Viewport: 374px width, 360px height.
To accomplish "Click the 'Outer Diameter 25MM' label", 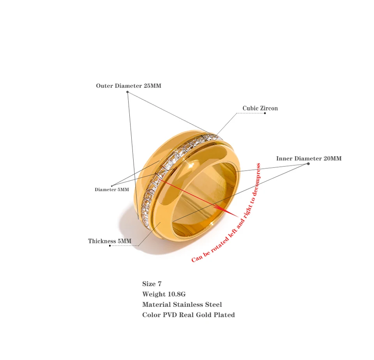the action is [x=129, y=86].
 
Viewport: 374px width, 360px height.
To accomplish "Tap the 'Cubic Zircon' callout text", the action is [x=260, y=108].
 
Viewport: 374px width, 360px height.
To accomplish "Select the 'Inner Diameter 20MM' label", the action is [x=309, y=159].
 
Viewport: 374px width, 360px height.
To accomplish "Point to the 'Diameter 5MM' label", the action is [x=112, y=189].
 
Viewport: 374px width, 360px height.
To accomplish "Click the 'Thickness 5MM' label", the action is [x=110, y=241].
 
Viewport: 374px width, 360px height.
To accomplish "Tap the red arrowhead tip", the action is [x=238, y=217].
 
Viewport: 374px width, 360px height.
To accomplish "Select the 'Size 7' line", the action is [x=152, y=284].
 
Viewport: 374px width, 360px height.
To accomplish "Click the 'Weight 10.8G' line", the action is [x=164, y=294].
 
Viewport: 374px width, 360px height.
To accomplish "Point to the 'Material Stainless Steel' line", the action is [x=182, y=304].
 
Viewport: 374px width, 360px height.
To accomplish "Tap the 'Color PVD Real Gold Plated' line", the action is [x=189, y=315].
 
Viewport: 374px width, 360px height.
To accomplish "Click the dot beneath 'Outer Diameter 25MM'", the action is [x=128, y=92].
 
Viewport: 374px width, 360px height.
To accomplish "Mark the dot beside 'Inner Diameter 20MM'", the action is [x=309, y=164].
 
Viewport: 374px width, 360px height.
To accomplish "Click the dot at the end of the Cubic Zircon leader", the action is [x=265, y=113].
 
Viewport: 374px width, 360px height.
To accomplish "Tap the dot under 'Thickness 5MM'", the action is [x=110, y=246].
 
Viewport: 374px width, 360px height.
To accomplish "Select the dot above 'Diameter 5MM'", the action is [x=112, y=186].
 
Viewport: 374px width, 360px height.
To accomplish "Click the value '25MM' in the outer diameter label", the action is [x=152, y=86].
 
